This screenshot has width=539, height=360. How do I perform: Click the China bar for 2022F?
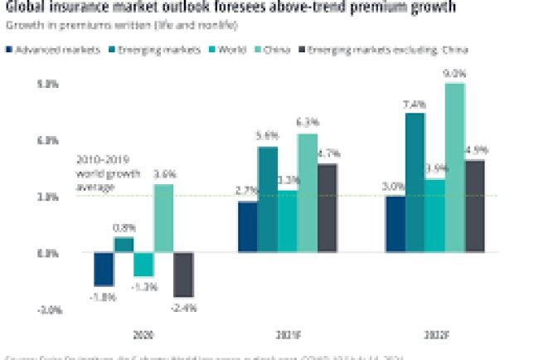pyautogui.click(x=454, y=167)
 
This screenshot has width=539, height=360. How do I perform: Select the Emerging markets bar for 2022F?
pyautogui.click(x=415, y=182)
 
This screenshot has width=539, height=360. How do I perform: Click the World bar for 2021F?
pyautogui.click(x=288, y=221)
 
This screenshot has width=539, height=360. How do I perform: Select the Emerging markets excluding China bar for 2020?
pyautogui.click(x=184, y=275)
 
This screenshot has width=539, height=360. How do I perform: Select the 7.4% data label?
pyautogui.click(x=415, y=105)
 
